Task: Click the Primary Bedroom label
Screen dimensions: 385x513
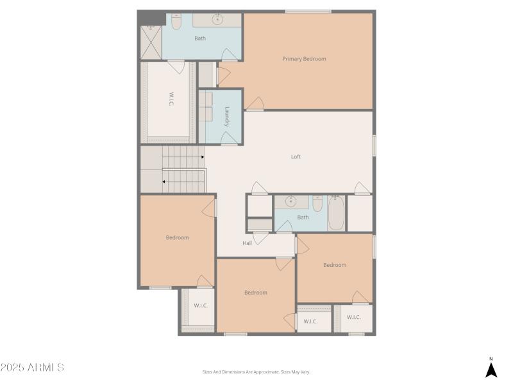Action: click(304, 59)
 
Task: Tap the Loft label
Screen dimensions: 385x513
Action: click(296, 157)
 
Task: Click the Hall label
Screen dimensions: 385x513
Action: click(247, 243)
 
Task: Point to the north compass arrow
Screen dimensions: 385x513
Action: click(491, 369)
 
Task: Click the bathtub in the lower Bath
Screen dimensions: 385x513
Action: click(337, 214)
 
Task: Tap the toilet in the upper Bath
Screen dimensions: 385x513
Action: click(176, 22)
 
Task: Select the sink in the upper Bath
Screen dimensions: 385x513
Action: click(218, 19)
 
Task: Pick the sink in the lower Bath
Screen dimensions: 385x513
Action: click(291, 201)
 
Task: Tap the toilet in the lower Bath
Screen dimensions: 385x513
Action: click(317, 204)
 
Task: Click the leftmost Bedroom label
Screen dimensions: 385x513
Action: click(177, 238)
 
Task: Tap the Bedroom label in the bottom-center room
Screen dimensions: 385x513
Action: click(255, 293)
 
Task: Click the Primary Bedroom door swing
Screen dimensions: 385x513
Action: click(255, 103)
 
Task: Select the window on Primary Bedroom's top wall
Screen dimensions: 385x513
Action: click(308, 12)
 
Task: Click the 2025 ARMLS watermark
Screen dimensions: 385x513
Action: click(32, 368)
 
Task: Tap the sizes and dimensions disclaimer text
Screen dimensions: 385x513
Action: click(256, 372)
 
